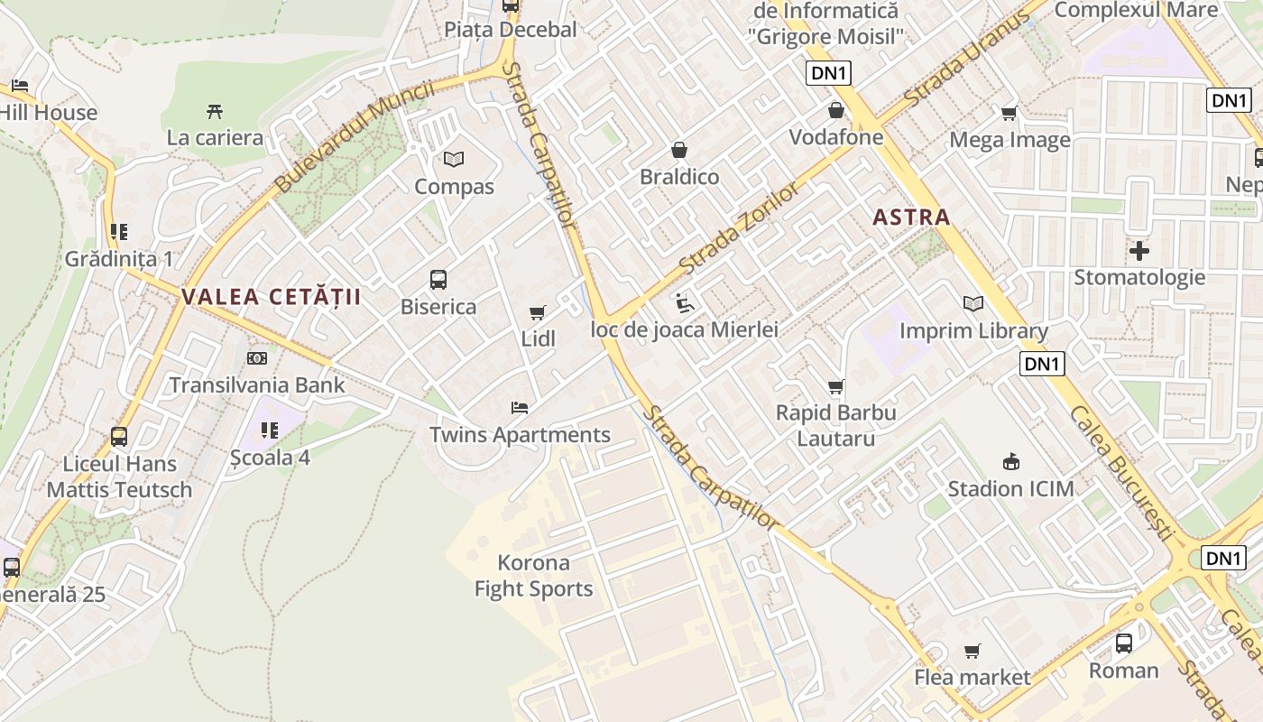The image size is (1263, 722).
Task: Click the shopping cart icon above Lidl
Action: pyautogui.click(x=538, y=312)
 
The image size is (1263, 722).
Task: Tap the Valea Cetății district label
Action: pyautogui.click(x=271, y=297)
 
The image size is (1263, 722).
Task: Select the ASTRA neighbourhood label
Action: pyautogui.click(x=911, y=217)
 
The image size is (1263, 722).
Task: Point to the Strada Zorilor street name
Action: pyautogui.click(x=740, y=229)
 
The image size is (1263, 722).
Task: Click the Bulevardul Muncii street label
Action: pyautogui.click(x=354, y=137)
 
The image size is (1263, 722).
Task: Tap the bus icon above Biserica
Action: pyautogui.click(x=438, y=280)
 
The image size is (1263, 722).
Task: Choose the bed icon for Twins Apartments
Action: pyautogui.click(x=519, y=408)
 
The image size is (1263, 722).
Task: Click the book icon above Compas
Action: pyautogui.click(x=454, y=160)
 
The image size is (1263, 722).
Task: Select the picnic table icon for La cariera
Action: pyautogui.click(x=215, y=111)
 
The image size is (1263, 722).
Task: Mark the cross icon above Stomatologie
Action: pyautogui.click(x=1139, y=250)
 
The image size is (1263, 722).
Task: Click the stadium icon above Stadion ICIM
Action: pyautogui.click(x=1011, y=462)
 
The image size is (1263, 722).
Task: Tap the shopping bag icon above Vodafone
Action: pyautogui.click(x=836, y=110)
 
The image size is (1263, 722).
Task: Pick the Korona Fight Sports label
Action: pyautogui.click(x=534, y=576)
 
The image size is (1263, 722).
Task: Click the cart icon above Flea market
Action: pyautogui.click(x=972, y=651)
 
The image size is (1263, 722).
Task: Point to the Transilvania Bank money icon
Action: pyautogui.click(x=257, y=358)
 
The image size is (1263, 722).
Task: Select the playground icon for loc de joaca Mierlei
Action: pyautogui.click(x=685, y=302)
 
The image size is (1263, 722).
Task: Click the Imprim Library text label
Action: pyautogui.click(x=973, y=331)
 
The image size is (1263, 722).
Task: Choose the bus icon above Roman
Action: pyautogui.click(x=1124, y=643)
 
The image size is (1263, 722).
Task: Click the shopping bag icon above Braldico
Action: pyautogui.click(x=679, y=150)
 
